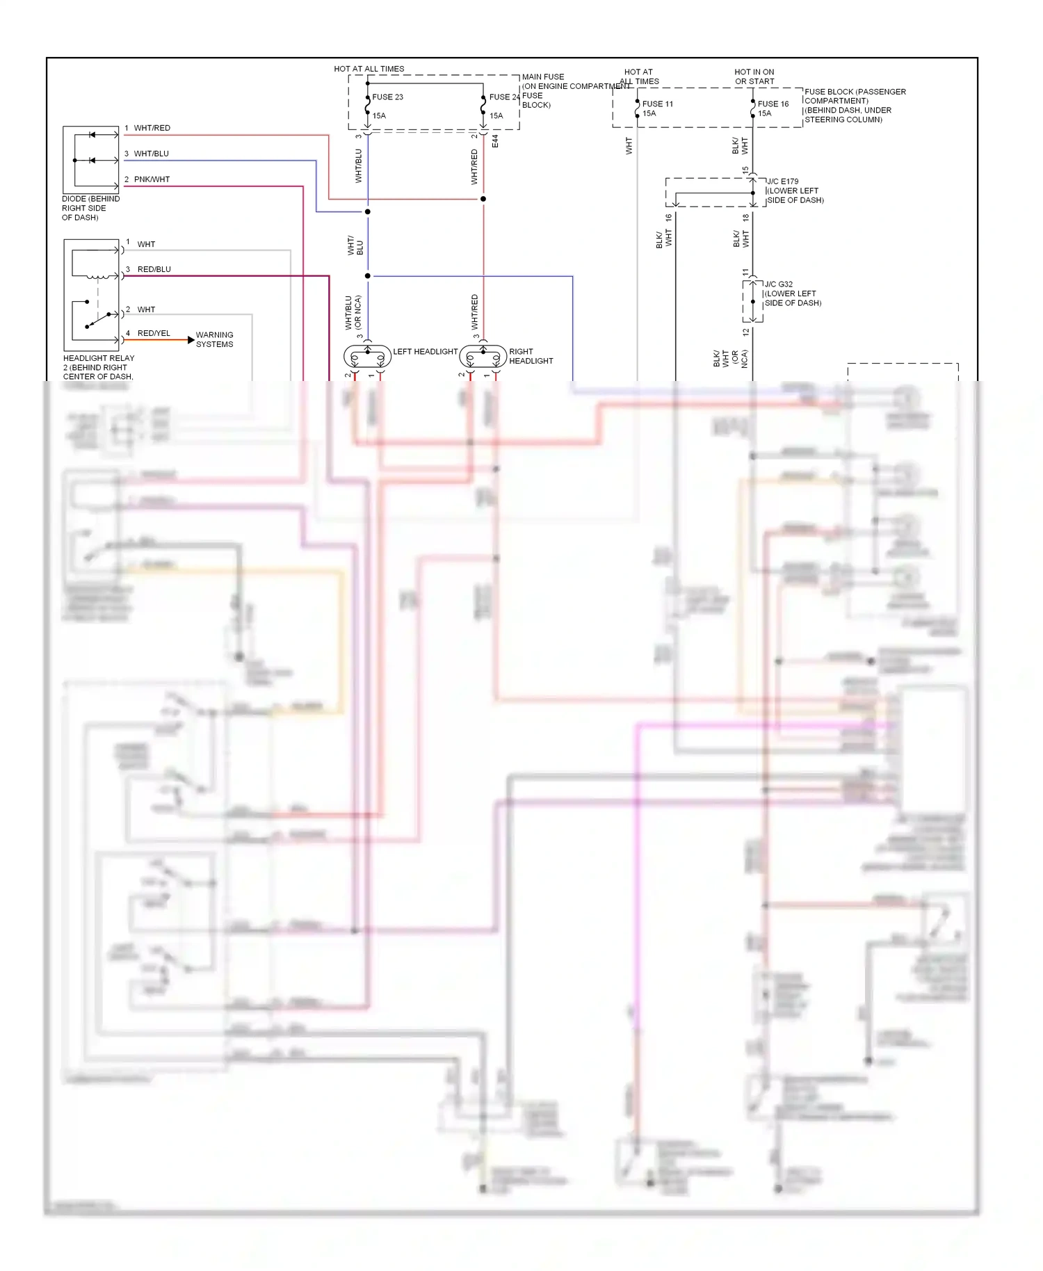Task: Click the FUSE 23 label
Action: point(387,97)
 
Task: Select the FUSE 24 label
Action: point(504,97)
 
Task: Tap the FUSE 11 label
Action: point(657,104)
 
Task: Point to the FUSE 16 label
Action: point(773,104)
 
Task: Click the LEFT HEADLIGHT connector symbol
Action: point(367,357)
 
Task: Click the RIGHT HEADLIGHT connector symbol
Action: point(483,357)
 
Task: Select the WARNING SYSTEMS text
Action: point(214,339)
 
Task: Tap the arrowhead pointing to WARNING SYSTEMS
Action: point(191,340)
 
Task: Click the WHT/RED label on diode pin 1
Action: point(152,128)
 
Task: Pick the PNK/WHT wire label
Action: point(152,179)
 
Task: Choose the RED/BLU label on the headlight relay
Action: point(154,269)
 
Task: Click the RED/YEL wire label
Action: point(154,333)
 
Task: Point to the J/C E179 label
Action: point(783,181)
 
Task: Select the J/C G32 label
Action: point(779,284)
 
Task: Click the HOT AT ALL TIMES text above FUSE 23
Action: point(369,69)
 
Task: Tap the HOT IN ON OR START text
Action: point(754,76)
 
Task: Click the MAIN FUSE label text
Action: point(543,77)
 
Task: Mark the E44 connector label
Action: point(495,141)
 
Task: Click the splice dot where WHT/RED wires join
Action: point(483,199)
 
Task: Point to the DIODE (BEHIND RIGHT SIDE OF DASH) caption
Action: point(90,208)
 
